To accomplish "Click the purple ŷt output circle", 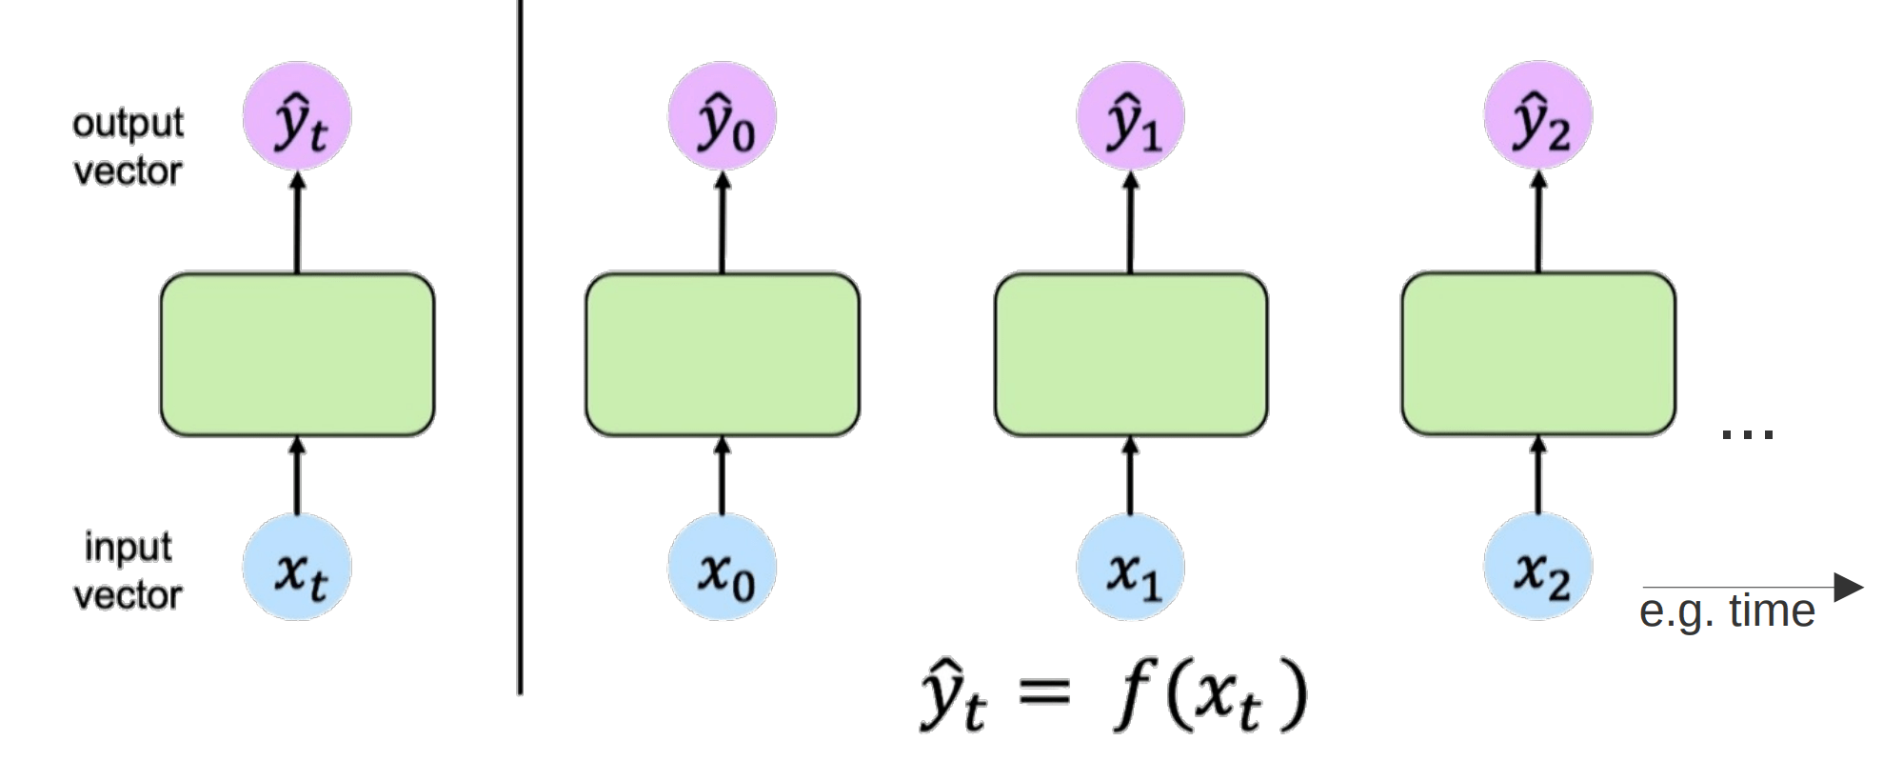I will pos(297,116).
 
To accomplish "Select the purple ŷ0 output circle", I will pos(723,116).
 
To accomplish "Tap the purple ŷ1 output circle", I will pos(1131,116).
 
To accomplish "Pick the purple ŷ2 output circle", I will pos(1538,116).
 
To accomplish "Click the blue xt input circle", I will pos(297,568).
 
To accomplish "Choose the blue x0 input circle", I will pos(723,568).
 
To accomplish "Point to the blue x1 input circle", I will pos(1131,568).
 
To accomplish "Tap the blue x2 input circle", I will pos(1538,568).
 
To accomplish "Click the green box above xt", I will pos(297,354).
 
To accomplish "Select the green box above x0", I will pos(723,354).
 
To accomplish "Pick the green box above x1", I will pos(1131,354).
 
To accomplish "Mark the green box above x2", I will pos(1538,354).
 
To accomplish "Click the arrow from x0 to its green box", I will pos(723,476).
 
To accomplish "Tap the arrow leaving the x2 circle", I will pos(1538,476).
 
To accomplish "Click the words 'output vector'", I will pos(128,148).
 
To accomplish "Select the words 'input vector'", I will pos(128,571).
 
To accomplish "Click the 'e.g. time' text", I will pos(1727,611).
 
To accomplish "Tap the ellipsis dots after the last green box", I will pos(1748,434).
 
